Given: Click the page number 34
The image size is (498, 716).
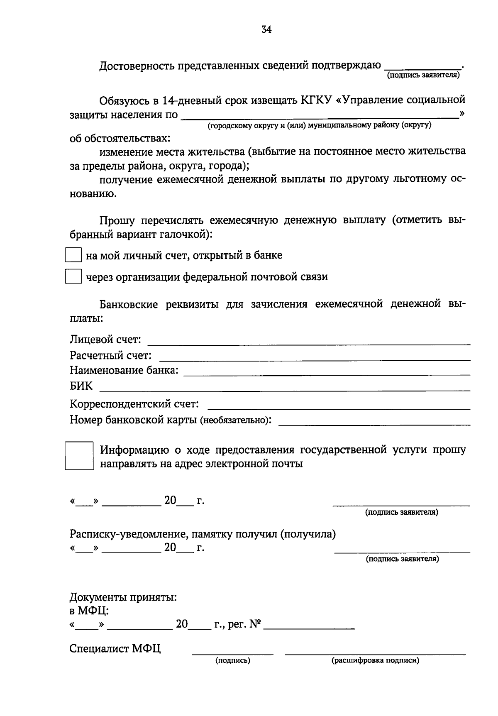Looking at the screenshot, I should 266,29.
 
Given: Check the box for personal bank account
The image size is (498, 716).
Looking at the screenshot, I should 73,255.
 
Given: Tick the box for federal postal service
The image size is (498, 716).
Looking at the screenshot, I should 73,276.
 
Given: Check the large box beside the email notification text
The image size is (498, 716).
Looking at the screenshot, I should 79,456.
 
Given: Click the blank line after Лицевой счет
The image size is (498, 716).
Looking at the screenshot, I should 309,343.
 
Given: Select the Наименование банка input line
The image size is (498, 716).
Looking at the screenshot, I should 327,374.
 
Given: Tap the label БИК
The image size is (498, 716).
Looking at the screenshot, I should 81,386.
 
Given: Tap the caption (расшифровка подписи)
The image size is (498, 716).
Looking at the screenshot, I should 375,660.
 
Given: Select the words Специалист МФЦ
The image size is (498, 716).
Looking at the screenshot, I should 115,649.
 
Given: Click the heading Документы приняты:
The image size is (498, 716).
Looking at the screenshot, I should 123,598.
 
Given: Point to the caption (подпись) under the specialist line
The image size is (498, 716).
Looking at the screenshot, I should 232,660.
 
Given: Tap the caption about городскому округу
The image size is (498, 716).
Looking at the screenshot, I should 320,125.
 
